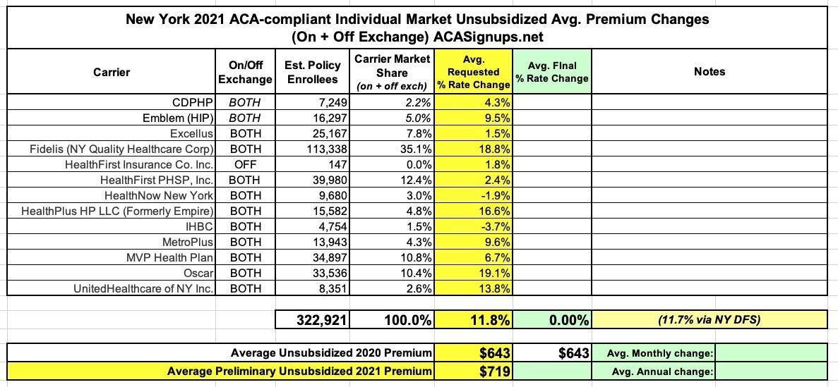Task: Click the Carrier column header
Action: pos(112,71)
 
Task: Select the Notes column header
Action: pos(709,71)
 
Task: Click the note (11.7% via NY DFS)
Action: pos(709,321)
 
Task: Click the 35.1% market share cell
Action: pos(412,149)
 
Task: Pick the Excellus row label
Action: pos(192,133)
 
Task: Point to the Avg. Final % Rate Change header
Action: pos(551,71)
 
